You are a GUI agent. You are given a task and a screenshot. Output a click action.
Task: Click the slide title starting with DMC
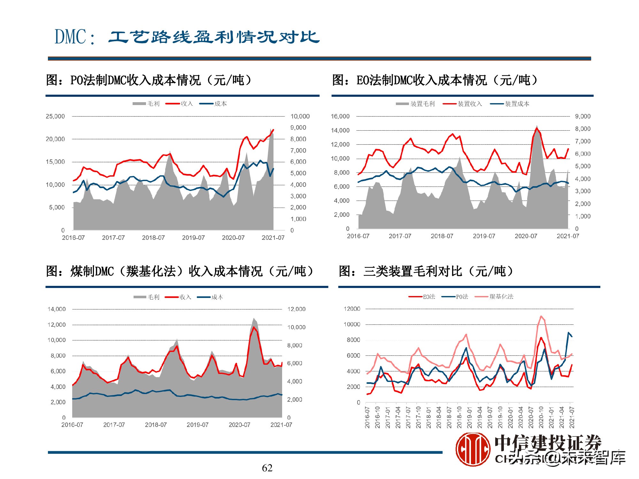click(187, 37)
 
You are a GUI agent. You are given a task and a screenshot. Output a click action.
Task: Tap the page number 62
click(267, 468)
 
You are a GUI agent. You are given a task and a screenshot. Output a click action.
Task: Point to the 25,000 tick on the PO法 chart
click(55, 117)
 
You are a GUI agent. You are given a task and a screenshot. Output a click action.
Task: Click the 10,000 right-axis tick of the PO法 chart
click(300, 117)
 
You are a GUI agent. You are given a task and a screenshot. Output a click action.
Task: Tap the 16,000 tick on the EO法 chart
click(340, 117)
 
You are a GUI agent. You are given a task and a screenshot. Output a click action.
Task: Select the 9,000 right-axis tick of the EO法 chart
click(582, 117)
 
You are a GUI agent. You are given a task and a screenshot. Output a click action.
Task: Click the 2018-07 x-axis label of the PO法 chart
click(153, 238)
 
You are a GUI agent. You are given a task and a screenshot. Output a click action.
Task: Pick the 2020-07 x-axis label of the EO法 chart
click(526, 236)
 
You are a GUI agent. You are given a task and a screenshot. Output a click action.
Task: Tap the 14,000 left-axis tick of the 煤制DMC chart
click(57, 309)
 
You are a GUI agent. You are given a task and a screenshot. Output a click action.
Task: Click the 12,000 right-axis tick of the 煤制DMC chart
click(296, 309)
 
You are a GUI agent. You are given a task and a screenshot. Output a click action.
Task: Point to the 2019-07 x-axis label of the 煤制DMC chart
click(197, 425)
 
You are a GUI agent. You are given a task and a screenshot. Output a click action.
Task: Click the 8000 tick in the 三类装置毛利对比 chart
click(353, 340)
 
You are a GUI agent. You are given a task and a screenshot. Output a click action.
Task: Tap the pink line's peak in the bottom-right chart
click(541, 316)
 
